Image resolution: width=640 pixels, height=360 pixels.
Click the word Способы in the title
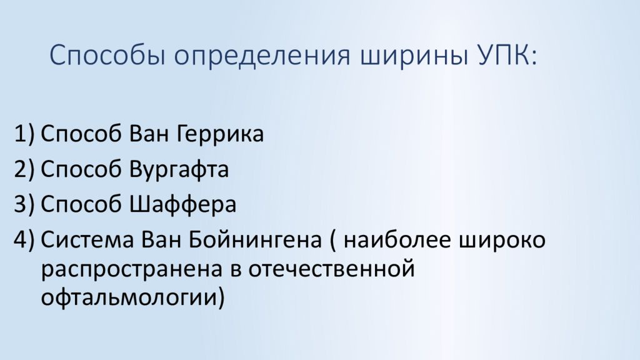(107, 55)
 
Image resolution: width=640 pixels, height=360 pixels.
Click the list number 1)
(24, 134)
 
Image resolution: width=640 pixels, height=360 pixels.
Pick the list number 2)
(24, 169)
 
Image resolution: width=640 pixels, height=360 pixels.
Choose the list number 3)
(24, 204)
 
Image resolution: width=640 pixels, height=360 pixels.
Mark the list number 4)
(24, 239)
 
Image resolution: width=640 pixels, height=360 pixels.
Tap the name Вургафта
(179, 169)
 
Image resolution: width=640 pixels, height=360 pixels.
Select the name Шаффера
(183, 204)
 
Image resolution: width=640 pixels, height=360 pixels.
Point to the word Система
(87, 239)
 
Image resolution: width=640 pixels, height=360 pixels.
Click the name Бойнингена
(255, 239)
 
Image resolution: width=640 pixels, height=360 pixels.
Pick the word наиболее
(397, 239)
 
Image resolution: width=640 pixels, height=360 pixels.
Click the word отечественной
(331, 269)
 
